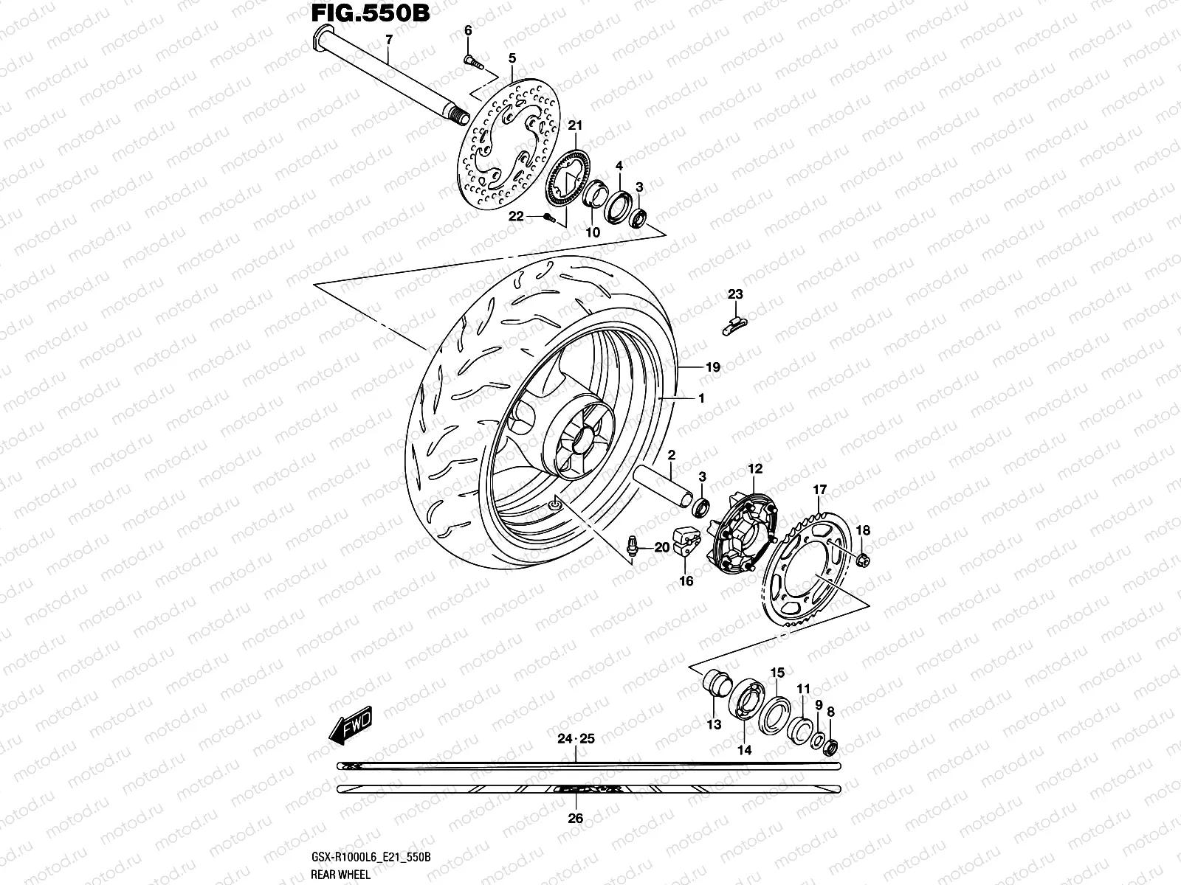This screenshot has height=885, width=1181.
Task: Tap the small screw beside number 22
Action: click(547, 216)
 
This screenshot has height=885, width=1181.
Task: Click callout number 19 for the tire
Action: click(712, 367)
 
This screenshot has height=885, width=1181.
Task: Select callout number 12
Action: click(755, 468)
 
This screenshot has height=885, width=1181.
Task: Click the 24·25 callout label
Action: click(576, 738)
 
